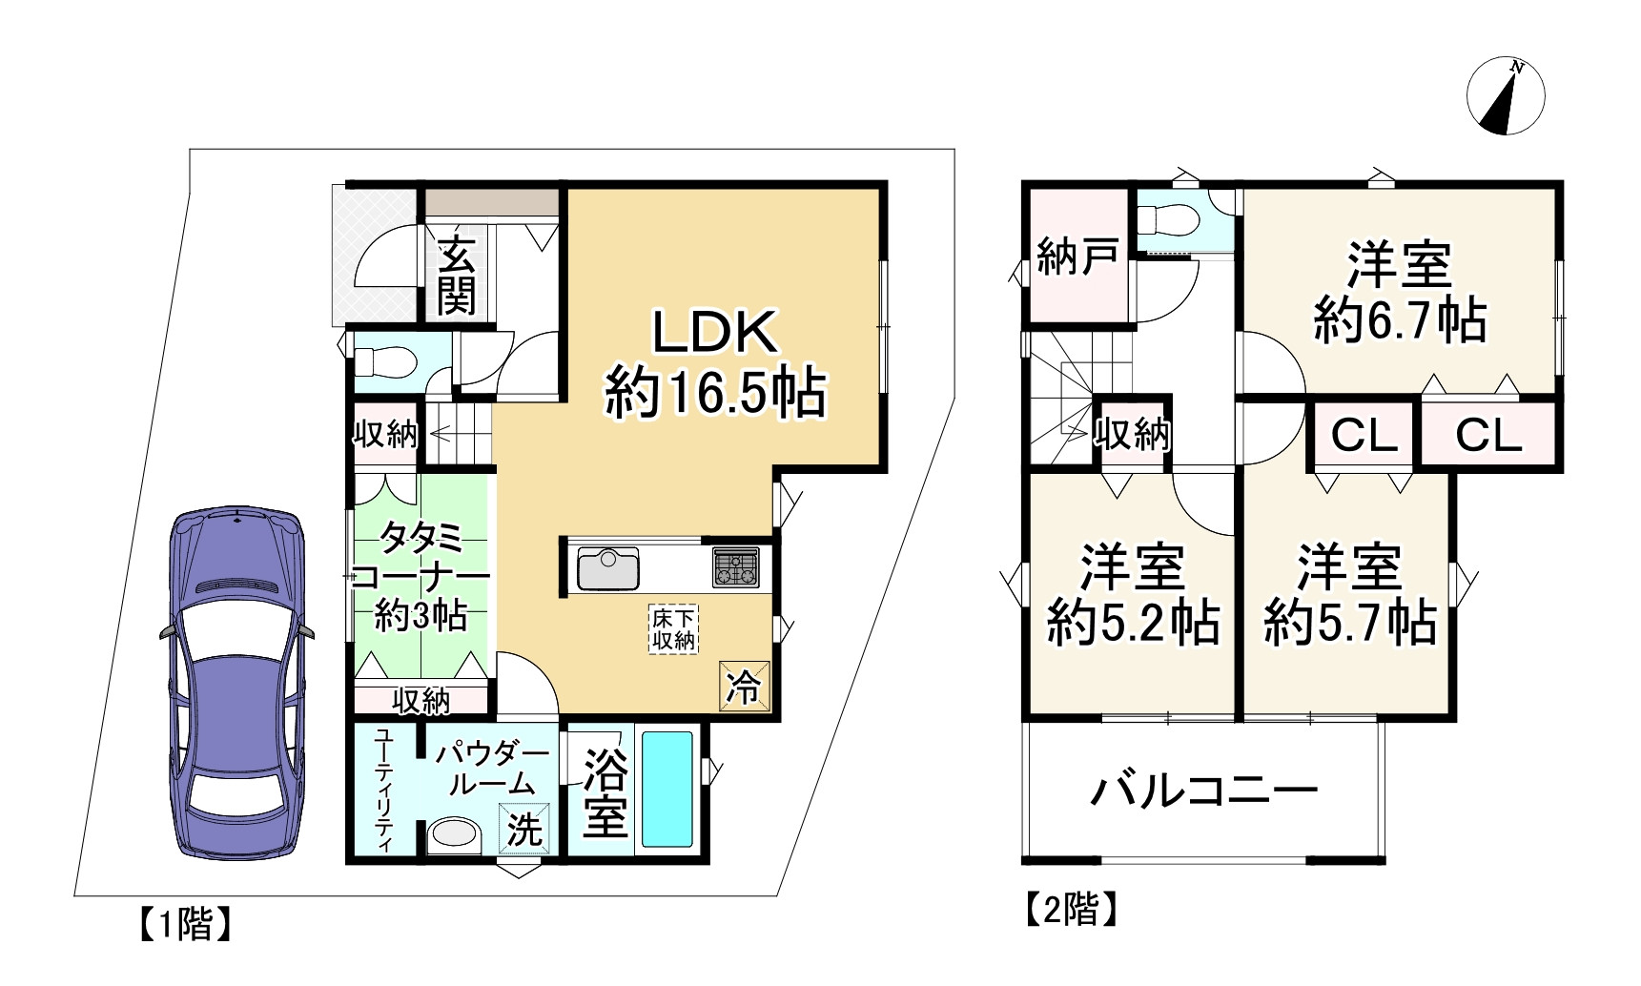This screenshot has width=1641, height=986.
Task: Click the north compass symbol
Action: pyautogui.click(x=1506, y=96)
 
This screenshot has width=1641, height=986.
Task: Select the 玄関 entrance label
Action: pyautogui.click(x=457, y=275)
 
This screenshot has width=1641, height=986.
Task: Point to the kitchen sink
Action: pyautogui.click(x=607, y=569)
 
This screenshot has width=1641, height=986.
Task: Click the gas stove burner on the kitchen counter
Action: pyautogui.click(x=735, y=568)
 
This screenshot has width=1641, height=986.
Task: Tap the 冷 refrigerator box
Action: pyautogui.click(x=744, y=686)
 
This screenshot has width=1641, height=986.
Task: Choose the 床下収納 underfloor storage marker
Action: pyautogui.click(x=673, y=629)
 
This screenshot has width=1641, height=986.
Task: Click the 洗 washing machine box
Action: pyautogui.click(x=523, y=826)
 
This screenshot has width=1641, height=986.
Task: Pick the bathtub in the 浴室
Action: pyautogui.click(x=667, y=790)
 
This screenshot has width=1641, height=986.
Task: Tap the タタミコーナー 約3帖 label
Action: pyautogui.click(x=421, y=577)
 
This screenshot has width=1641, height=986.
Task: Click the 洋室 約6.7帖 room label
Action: pyautogui.click(x=1399, y=292)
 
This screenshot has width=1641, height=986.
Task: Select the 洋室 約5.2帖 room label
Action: pyautogui.click(x=1132, y=595)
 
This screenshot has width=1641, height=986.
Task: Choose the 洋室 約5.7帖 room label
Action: pyautogui.click(x=1349, y=595)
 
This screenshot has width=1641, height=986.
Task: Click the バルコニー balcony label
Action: pyautogui.click(x=1204, y=791)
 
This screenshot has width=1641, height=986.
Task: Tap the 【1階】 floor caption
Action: pyautogui.click(x=184, y=923)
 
